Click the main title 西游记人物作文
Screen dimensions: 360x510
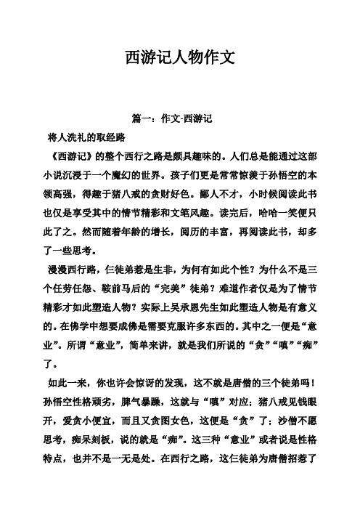[179, 57]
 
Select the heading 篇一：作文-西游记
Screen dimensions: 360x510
[180, 118]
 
